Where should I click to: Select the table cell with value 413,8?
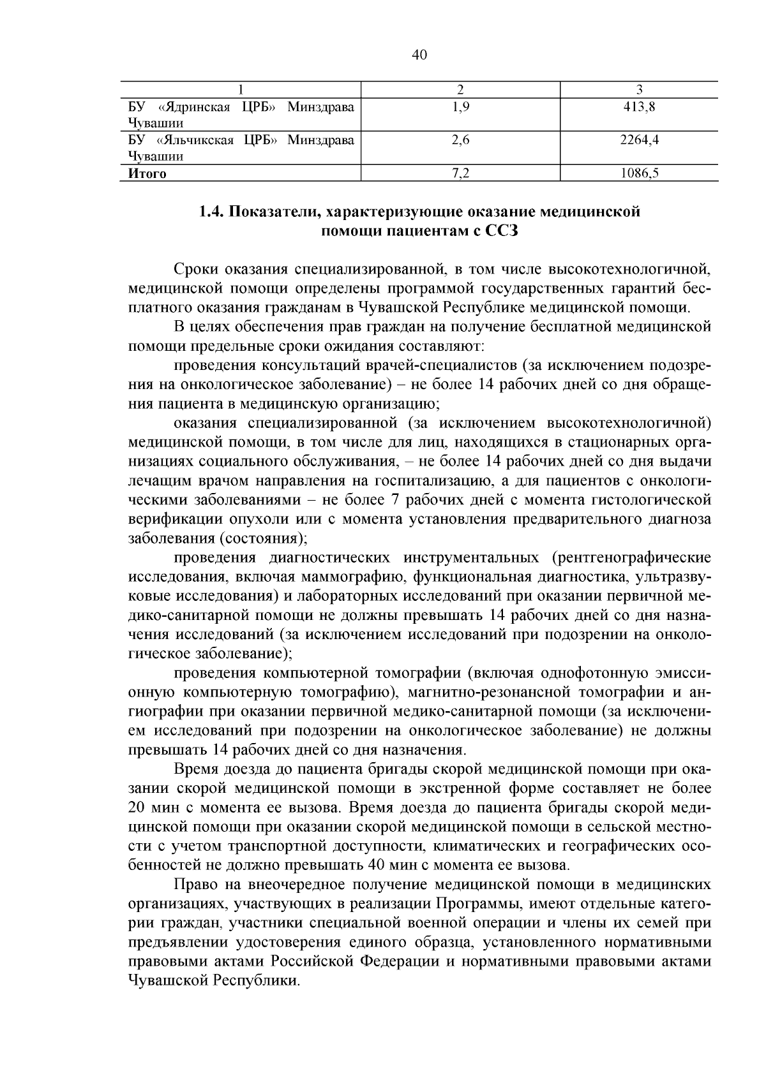click(639, 107)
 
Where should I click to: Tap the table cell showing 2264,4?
click(639, 140)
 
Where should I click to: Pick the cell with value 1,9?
click(460, 107)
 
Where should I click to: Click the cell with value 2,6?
click(460, 140)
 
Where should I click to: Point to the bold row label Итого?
click(147, 173)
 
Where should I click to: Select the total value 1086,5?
click(639, 173)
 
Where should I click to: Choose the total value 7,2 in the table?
click(460, 173)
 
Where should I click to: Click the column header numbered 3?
click(639, 89)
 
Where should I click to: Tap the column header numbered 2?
click(460, 89)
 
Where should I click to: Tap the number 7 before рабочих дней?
click(396, 499)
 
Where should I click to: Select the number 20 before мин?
click(138, 807)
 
